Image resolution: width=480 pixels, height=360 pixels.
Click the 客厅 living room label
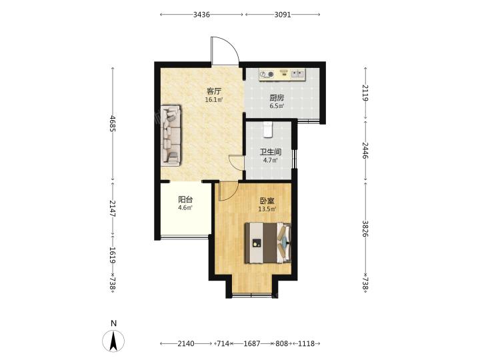[x=214, y=91]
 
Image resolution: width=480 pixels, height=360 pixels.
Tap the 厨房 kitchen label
[x=277, y=98]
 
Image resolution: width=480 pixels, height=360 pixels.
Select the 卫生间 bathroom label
[x=271, y=152]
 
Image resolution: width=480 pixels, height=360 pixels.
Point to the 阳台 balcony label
[x=185, y=199]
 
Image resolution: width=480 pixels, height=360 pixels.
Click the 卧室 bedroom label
[x=267, y=201]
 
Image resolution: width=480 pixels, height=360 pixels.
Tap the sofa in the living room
[x=171, y=135]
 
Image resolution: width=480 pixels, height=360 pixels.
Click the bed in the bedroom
[x=268, y=243]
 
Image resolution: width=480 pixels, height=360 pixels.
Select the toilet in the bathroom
[x=267, y=129]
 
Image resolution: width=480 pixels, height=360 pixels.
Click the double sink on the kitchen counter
[x=297, y=74]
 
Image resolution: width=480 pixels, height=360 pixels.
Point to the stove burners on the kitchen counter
[x=267, y=75]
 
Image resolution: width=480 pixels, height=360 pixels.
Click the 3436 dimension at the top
[x=201, y=15]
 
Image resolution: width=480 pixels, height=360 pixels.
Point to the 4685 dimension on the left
[x=113, y=123]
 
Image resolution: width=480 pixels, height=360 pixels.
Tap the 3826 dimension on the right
[x=365, y=229]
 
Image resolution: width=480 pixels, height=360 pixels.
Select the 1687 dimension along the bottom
[x=251, y=344]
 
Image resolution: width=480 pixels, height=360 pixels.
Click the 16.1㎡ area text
[x=214, y=99]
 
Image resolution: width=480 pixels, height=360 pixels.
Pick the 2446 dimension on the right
[x=365, y=150]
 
